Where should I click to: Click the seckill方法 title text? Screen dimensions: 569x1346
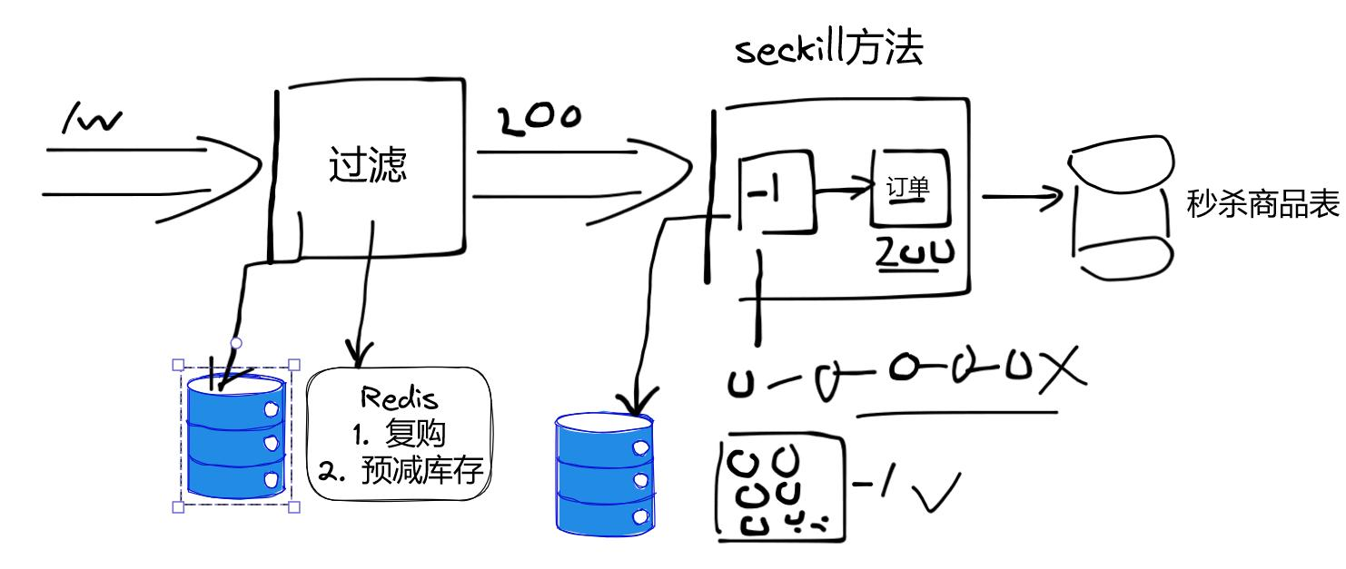pyautogui.click(x=828, y=51)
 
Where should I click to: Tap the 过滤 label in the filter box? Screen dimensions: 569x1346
pyautogui.click(x=367, y=166)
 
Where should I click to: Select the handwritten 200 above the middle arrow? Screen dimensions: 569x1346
pyautogui.click(x=537, y=121)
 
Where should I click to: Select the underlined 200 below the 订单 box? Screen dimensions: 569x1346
pyautogui.click(x=915, y=255)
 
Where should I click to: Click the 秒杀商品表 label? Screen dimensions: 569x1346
pyautogui.click(x=1262, y=205)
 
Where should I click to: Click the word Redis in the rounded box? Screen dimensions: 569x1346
pyautogui.click(x=399, y=397)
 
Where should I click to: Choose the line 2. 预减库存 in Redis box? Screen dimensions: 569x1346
pyautogui.click(x=400, y=470)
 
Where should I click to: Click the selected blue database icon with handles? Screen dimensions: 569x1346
pyautogui.click(x=236, y=437)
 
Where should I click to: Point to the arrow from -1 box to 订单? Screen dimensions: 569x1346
pyautogui.click(x=841, y=192)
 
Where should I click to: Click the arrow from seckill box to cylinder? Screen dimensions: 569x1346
pyautogui.click(x=1022, y=196)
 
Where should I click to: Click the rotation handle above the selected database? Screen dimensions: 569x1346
pyautogui.click(x=236, y=343)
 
